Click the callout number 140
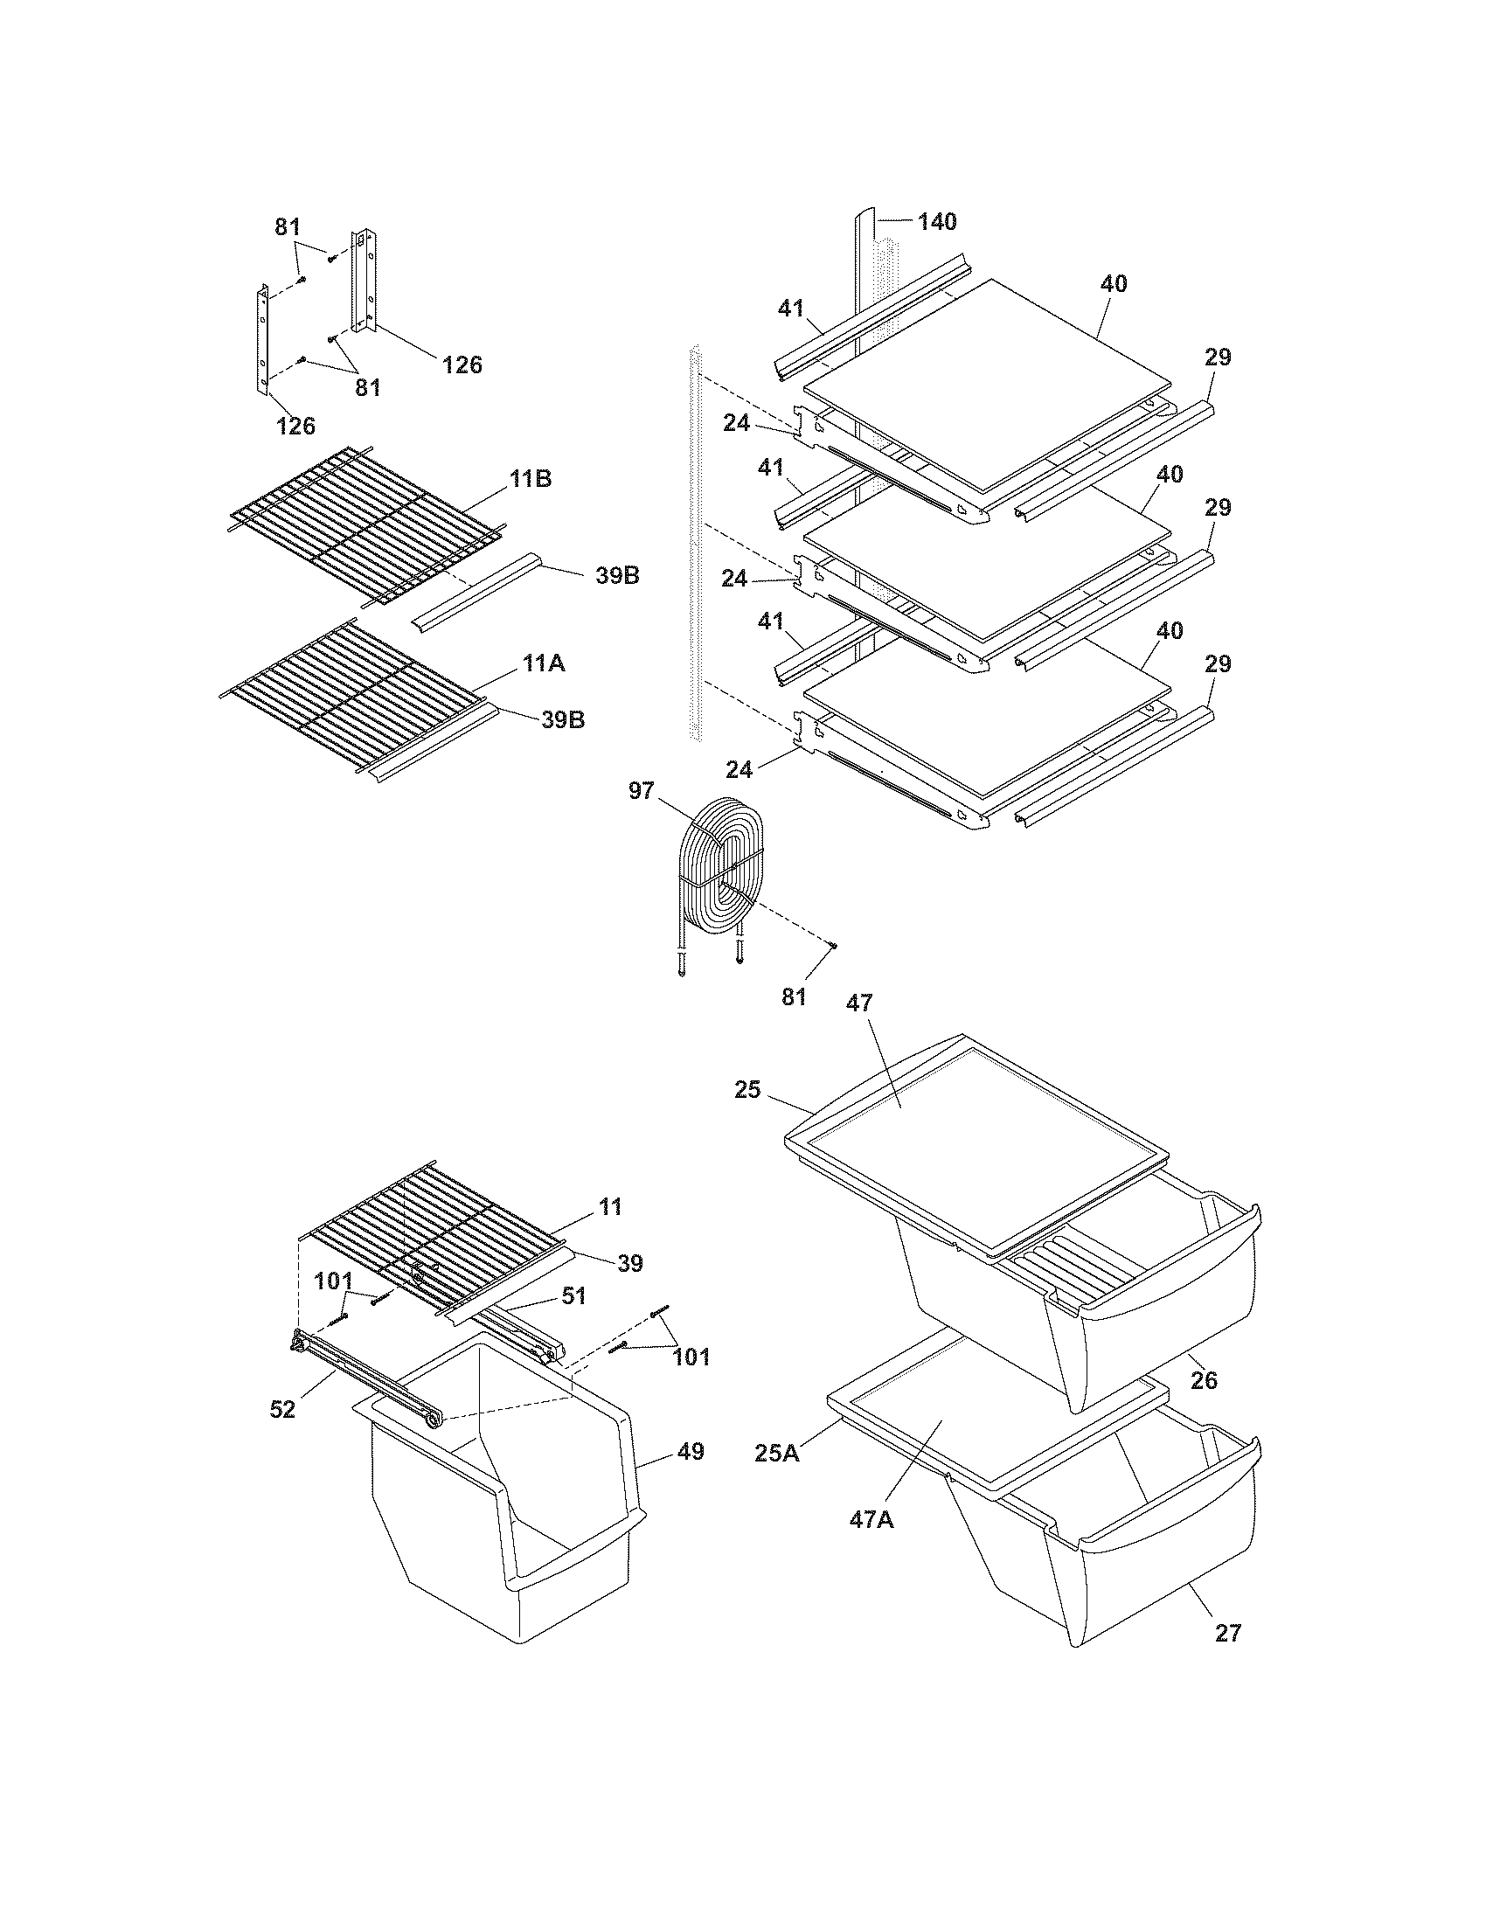[x=937, y=222]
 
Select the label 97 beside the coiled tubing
[x=641, y=791]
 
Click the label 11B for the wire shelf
[x=531, y=479]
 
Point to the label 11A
[x=543, y=663]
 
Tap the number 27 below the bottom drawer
[x=1227, y=1633]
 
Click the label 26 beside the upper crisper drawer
[x=1204, y=1378]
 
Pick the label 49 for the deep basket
[x=692, y=1451]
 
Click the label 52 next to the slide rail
[x=282, y=1409]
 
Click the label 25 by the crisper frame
[x=747, y=1090]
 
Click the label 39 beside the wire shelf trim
[x=629, y=1264]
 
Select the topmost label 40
[x=1113, y=283]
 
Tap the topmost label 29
[x=1219, y=357]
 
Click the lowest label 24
[x=740, y=768]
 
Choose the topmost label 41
[x=790, y=308]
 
